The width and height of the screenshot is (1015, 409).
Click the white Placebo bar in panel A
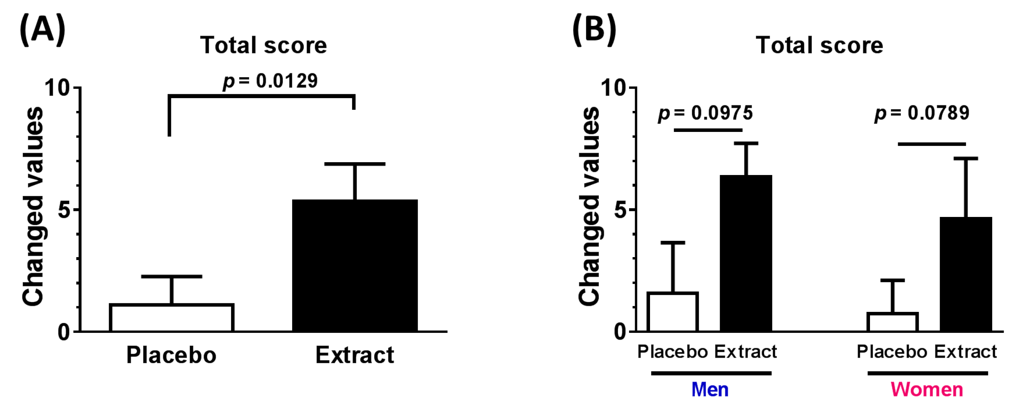(172, 318)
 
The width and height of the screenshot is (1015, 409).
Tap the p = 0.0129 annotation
(270, 81)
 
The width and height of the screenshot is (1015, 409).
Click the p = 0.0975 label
(705, 113)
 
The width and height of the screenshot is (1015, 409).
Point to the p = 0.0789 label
(922, 113)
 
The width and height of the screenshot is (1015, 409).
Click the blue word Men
(710, 390)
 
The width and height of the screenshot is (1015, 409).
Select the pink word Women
(927, 390)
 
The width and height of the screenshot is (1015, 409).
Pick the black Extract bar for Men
(746, 253)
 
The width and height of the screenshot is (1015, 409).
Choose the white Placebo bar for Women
(892, 322)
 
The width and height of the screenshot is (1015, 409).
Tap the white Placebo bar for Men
(673, 312)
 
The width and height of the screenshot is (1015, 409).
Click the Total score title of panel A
(264, 46)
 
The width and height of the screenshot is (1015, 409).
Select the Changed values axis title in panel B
(590, 206)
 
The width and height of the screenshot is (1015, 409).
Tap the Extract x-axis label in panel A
(355, 355)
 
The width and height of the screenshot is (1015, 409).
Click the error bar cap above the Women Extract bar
(966, 159)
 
